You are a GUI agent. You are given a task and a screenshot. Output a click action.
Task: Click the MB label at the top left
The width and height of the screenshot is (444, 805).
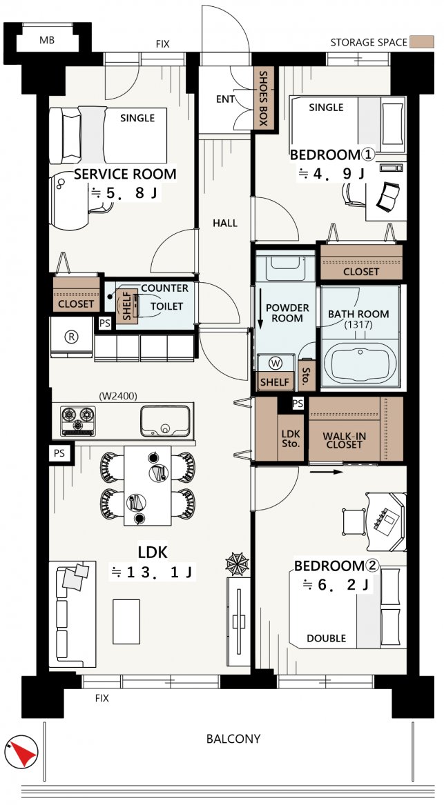click(x=47, y=40)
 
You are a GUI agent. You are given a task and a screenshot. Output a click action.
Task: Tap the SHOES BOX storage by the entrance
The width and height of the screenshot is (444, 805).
click(x=263, y=97)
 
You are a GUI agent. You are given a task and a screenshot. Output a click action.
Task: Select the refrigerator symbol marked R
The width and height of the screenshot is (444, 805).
click(x=71, y=337)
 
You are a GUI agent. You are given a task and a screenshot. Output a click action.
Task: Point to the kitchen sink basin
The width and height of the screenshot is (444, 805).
click(x=165, y=421)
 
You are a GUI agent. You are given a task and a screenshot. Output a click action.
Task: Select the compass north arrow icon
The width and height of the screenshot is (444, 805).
click(x=21, y=752)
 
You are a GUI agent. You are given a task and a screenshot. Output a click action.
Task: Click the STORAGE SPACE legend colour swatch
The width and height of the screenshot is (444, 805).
click(x=421, y=42)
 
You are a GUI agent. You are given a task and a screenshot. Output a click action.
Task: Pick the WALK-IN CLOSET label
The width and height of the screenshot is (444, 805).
click(x=345, y=441)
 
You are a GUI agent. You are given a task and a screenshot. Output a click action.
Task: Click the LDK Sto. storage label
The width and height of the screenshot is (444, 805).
click(x=291, y=439)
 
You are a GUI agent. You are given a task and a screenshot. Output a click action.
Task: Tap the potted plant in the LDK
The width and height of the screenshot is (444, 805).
click(x=238, y=564)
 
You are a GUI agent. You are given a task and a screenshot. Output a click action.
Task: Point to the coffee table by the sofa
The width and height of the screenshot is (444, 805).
click(x=126, y=622)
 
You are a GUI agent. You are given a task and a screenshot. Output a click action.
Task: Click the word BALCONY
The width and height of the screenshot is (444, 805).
click(x=233, y=739)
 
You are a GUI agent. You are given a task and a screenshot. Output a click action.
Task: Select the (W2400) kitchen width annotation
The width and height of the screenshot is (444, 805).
click(x=117, y=396)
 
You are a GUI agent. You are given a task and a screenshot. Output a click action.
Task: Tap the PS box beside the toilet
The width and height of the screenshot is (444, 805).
click(x=105, y=324)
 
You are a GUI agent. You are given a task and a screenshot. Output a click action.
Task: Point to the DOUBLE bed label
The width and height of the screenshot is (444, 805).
click(x=327, y=638)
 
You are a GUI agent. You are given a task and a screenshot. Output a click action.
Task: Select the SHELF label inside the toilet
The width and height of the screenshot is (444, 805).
click(x=126, y=306)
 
